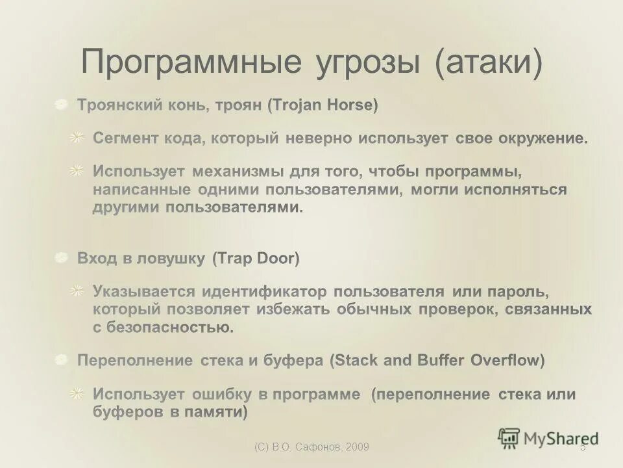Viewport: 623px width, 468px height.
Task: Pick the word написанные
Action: [141, 190]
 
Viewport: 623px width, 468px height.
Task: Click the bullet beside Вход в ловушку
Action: [61, 259]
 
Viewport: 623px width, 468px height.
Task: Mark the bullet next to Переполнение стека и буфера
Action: [61, 360]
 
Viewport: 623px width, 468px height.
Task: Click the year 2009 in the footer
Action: [358, 447]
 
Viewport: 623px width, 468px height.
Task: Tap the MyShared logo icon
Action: [509, 437]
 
